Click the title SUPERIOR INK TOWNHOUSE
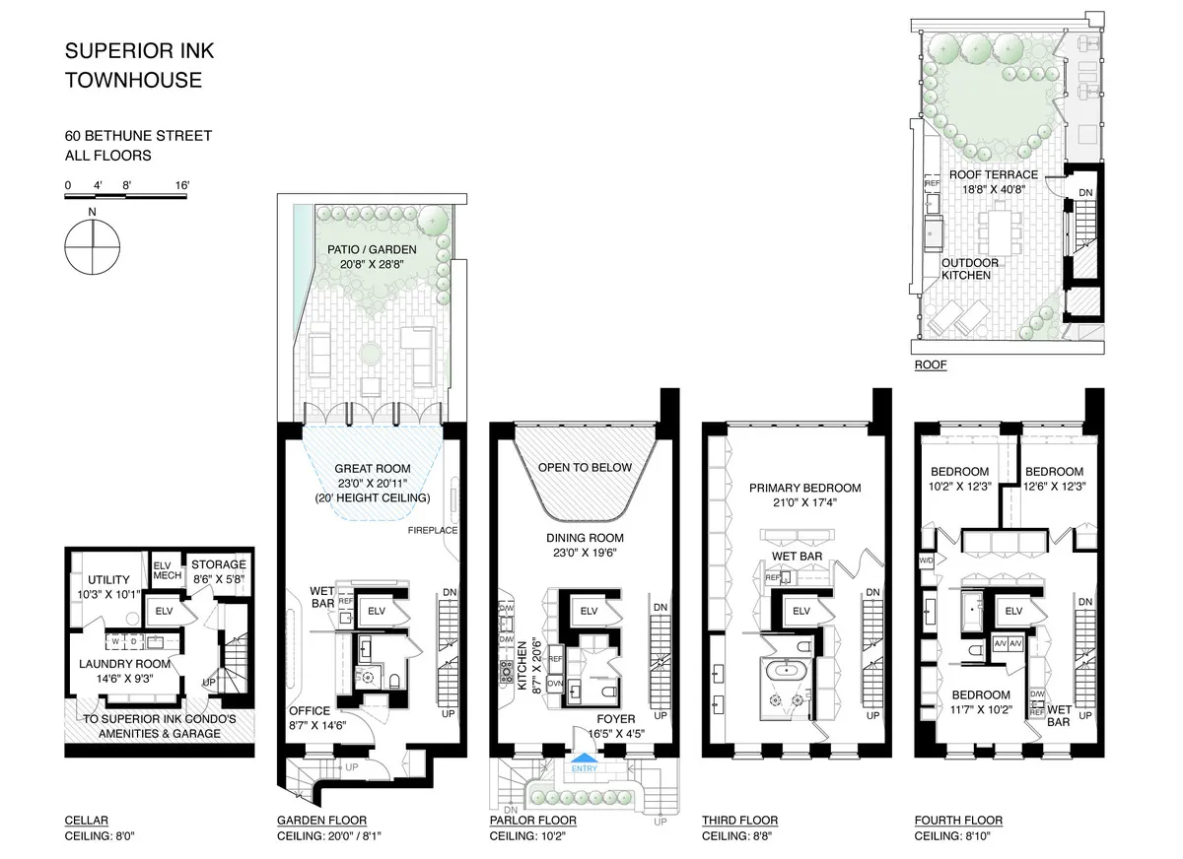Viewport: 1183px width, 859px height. point(133,66)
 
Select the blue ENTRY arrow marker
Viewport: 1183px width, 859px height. point(584,757)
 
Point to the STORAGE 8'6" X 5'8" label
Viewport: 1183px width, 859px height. point(217,571)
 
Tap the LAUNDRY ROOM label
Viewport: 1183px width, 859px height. point(125,670)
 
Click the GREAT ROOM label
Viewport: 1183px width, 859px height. point(372,483)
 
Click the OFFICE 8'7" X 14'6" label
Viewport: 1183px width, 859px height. point(320,717)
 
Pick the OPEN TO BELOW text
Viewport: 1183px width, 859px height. point(585,467)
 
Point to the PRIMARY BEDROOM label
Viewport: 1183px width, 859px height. point(804,495)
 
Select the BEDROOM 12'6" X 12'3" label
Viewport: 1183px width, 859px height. point(1054,478)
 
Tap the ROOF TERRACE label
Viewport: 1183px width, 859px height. point(993,181)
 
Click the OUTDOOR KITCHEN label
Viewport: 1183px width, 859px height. point(969,269)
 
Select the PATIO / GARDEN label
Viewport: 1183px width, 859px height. point(372,256)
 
